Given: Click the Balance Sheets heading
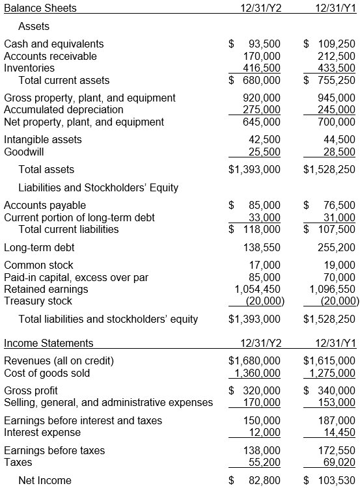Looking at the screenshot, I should click(40, 8).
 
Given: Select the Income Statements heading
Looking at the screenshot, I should click(49, 343).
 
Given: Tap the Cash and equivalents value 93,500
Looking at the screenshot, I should click(264, 44).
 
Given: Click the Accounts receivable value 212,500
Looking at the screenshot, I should click(338, 56).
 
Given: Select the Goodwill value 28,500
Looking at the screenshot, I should click(340, 152).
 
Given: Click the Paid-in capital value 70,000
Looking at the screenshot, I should click(340, 277).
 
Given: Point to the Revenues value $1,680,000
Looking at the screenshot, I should click(255, 360).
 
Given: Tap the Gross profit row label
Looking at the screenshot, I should click(31, 390).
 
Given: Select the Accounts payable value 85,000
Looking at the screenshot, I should click(264, 205).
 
